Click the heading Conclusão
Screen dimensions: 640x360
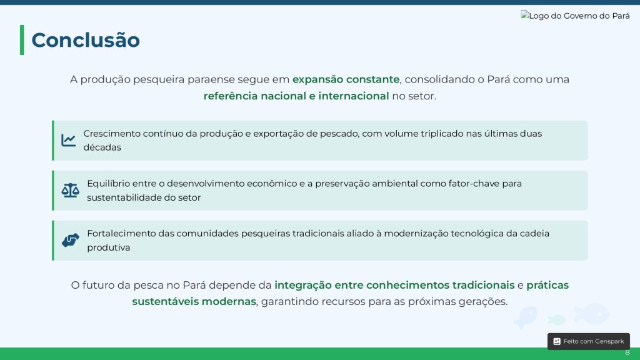pos(86,40)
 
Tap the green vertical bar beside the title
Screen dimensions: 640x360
pos(22,40)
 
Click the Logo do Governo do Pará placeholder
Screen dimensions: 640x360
pos(575,16)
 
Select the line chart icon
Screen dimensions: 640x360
pos(69,140)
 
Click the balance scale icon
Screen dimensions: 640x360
pos(70,190)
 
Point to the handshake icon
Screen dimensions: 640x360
pos(70,240)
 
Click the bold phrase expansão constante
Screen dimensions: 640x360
pos(346,79)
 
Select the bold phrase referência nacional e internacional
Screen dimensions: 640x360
pos(296,96)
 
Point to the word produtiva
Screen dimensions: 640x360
pos(109,247)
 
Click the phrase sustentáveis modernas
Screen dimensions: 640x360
pos(194,301)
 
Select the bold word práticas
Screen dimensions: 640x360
pos(547,285)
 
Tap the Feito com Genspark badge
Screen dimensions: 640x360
pos(589,341)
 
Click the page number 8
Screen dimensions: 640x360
pos(627,352)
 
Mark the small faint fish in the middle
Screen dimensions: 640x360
pos(557,319)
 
